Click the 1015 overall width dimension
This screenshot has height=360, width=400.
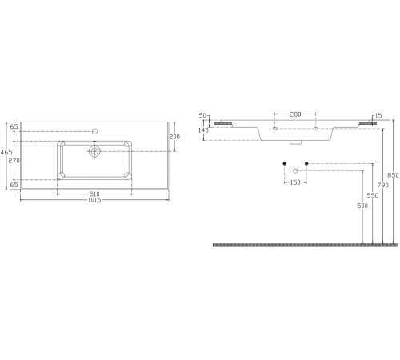[x=94, y=200]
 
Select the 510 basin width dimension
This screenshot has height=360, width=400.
[x=94, y=194]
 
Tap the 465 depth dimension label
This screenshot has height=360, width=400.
[x=6, y=152]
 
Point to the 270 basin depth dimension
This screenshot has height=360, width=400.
[x=14, y=161]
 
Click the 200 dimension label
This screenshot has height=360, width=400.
[x=174, y=137]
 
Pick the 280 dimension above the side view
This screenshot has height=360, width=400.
[x=295, y=114]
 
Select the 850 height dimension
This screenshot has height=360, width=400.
[x=393, y=175]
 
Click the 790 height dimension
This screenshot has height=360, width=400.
[x=383, y=185]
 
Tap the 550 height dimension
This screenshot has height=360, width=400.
[x=373, y=195]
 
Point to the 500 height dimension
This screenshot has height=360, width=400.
[x=362, y=206]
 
